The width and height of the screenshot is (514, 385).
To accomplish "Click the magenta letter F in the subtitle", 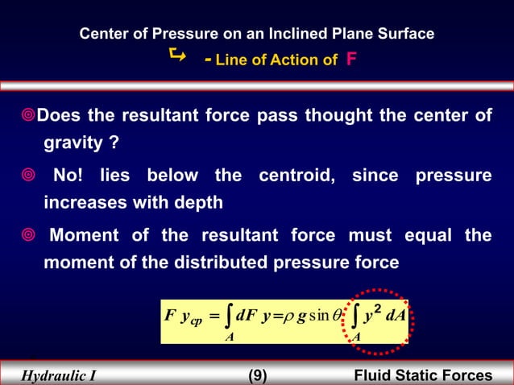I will [x=351, y=59].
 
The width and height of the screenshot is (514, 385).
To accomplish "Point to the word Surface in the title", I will [x=408, y=34].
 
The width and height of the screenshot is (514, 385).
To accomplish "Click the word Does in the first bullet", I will [x=54, y=116].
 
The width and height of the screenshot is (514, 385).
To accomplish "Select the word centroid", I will [x=301, y=176].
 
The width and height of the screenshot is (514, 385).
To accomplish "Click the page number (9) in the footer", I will [x=257, y=375].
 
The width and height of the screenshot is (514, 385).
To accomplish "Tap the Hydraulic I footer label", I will [x=57, y=375].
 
